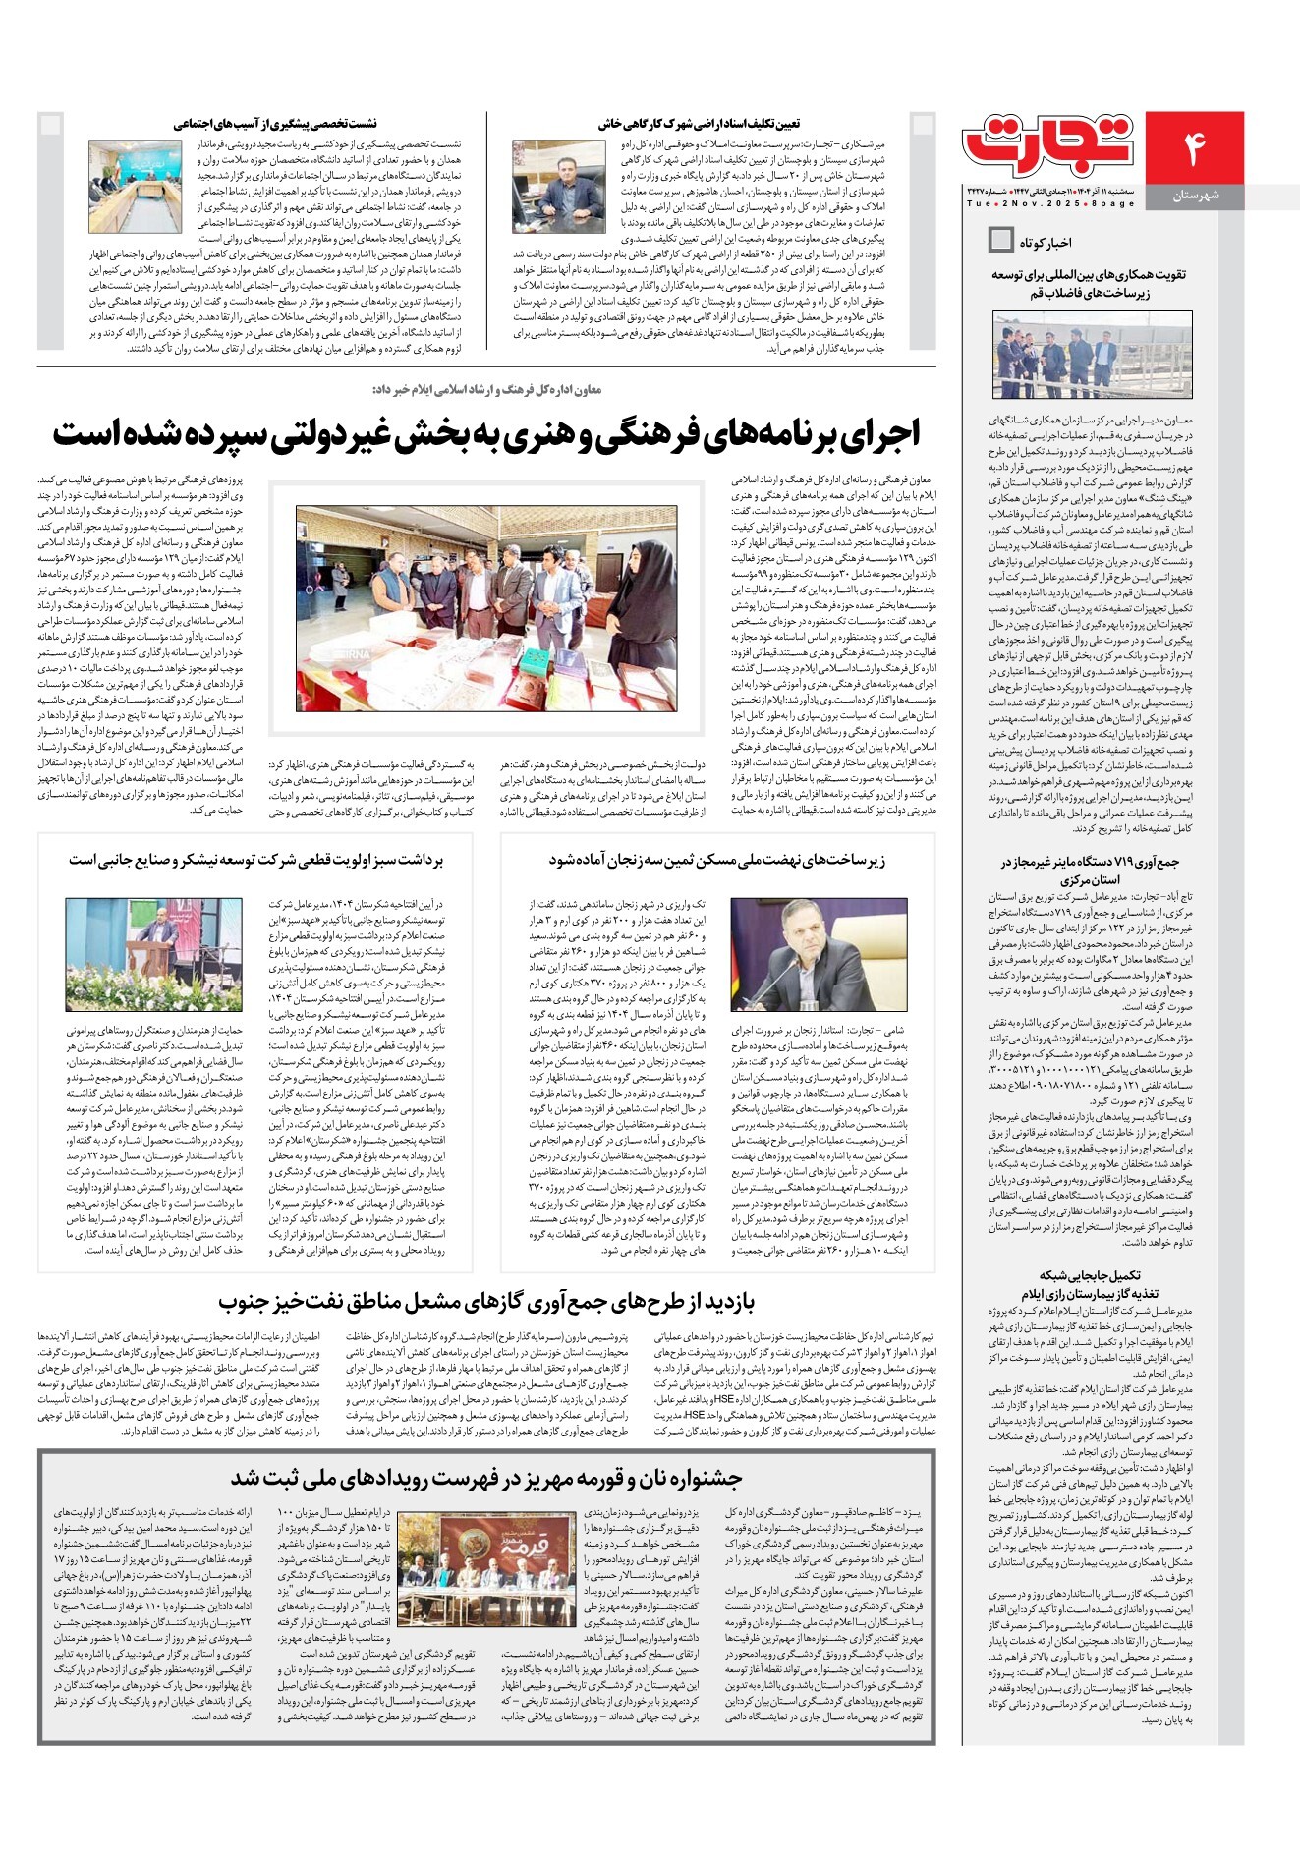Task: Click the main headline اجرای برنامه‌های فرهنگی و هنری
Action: coord(487,432)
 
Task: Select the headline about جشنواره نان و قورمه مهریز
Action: coord(486,1478)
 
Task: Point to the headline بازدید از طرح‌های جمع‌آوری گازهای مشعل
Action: coord(486,1303)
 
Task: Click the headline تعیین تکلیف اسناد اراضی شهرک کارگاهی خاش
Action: coord(699,125)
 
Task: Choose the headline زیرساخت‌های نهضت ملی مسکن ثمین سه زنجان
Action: coord(716,860)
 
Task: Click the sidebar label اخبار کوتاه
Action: coord(1046,242)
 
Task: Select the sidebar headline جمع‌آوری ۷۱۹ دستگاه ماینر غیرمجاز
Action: coord(1091,871)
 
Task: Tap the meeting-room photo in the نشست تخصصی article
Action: coord(136,187)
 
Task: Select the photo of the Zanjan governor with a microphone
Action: coord(819,954)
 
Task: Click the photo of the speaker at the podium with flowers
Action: coord(153,954)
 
